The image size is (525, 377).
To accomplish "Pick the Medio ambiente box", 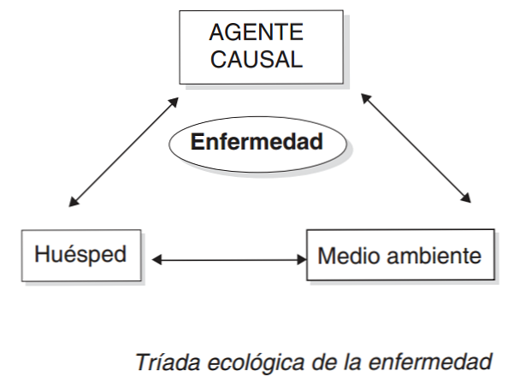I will point(399,255).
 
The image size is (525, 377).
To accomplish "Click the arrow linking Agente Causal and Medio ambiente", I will point(416,148).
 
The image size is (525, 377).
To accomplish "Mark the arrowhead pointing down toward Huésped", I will point(72,204).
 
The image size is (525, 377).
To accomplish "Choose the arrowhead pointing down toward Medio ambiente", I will point(467,197).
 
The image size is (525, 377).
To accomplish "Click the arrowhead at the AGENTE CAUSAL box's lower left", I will point(175,103).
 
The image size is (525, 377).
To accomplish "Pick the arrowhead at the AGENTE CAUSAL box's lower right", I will point(366,97).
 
